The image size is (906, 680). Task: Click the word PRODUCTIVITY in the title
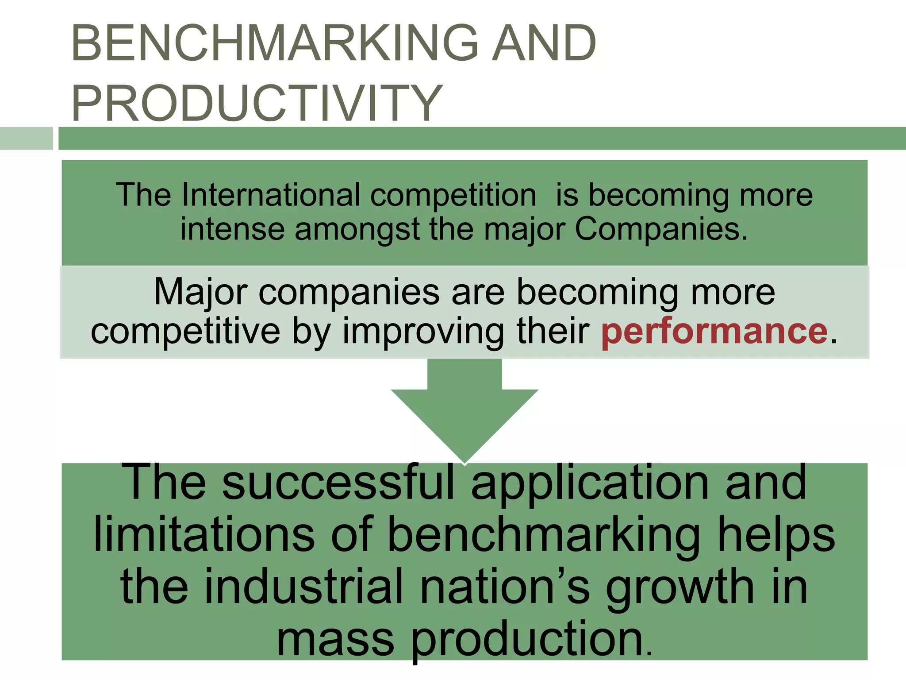point(257,103)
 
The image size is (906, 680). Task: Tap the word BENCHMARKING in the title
point(274,43)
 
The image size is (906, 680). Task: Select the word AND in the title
point(544,43)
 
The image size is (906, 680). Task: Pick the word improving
point(423,332)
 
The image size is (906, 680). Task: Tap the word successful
point(338,483)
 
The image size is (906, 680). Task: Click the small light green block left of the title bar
point(26,138)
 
